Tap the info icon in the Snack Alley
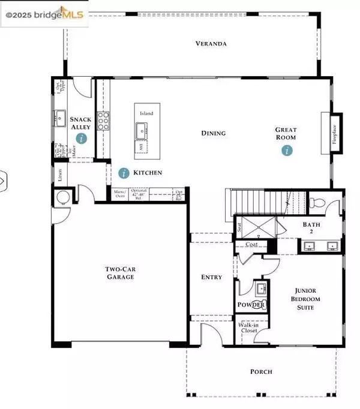tap(82, 138)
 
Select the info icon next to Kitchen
tap(124, 173)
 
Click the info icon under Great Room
tap(289, 151)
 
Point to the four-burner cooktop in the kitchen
tap(104, 121)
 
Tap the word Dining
tap(213, 133)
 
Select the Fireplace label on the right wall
tap(334, 133)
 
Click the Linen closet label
tap(60, 175)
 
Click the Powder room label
tap(251, 305)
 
